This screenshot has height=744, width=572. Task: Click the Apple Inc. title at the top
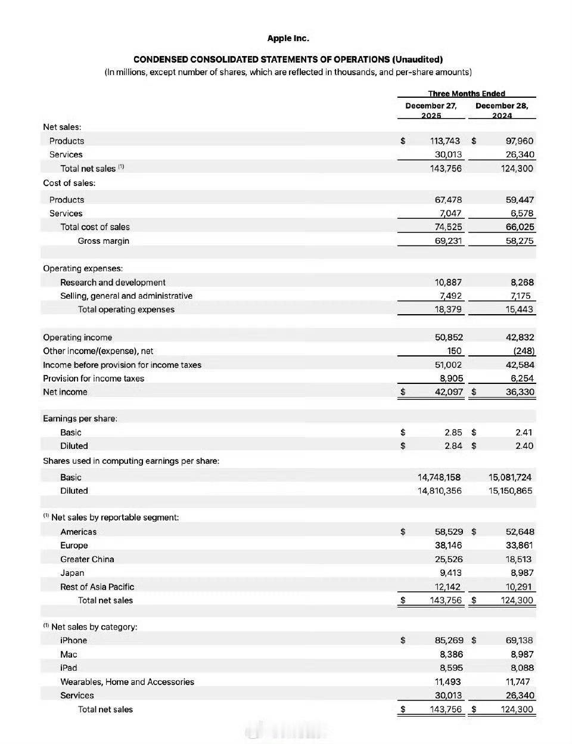[288, 38]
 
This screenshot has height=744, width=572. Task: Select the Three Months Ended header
[466, 94]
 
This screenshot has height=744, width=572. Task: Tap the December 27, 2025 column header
[431, 110]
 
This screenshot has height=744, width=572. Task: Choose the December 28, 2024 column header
[502, 110]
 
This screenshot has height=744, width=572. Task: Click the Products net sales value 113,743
[444, 141]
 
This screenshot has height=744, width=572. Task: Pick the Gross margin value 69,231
[448, 241]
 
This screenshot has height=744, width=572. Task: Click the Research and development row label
[113, 282]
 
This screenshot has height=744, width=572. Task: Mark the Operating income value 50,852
[449, 337]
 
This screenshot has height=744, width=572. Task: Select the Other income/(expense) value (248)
[524, 351]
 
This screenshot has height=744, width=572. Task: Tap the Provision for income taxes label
[94, 379]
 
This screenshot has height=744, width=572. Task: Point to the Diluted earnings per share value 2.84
[453, 446]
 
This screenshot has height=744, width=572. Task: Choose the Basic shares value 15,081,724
[509, 477]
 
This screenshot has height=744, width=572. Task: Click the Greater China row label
[87, 559]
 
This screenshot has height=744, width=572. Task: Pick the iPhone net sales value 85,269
[449, 640]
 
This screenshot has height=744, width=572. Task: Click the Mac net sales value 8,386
[451, 654]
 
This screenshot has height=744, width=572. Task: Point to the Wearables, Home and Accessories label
[127, 681]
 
